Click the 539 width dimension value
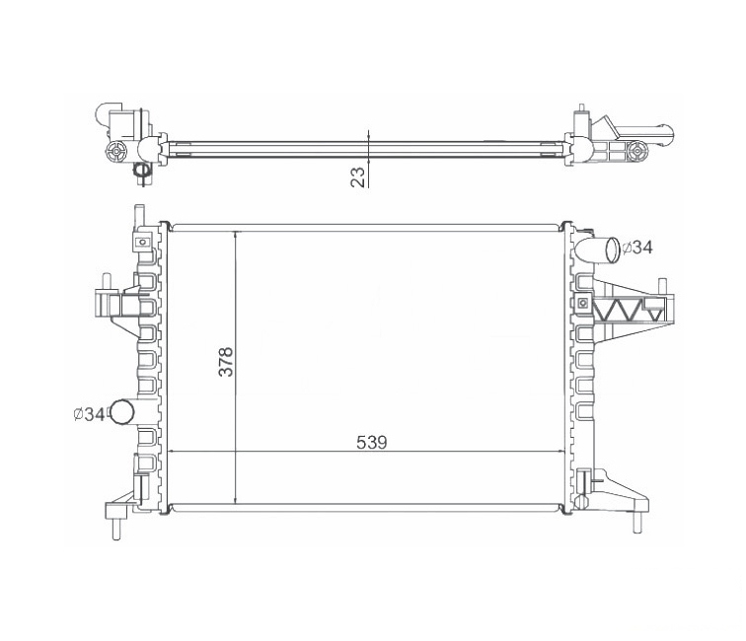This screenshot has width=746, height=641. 372,442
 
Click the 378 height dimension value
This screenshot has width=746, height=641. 226,362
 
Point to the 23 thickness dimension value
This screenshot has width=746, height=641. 359,177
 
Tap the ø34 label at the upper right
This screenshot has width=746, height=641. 637,248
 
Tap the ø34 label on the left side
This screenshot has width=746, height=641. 89,414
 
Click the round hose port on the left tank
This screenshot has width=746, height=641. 121,412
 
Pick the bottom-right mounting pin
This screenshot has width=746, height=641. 636,522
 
